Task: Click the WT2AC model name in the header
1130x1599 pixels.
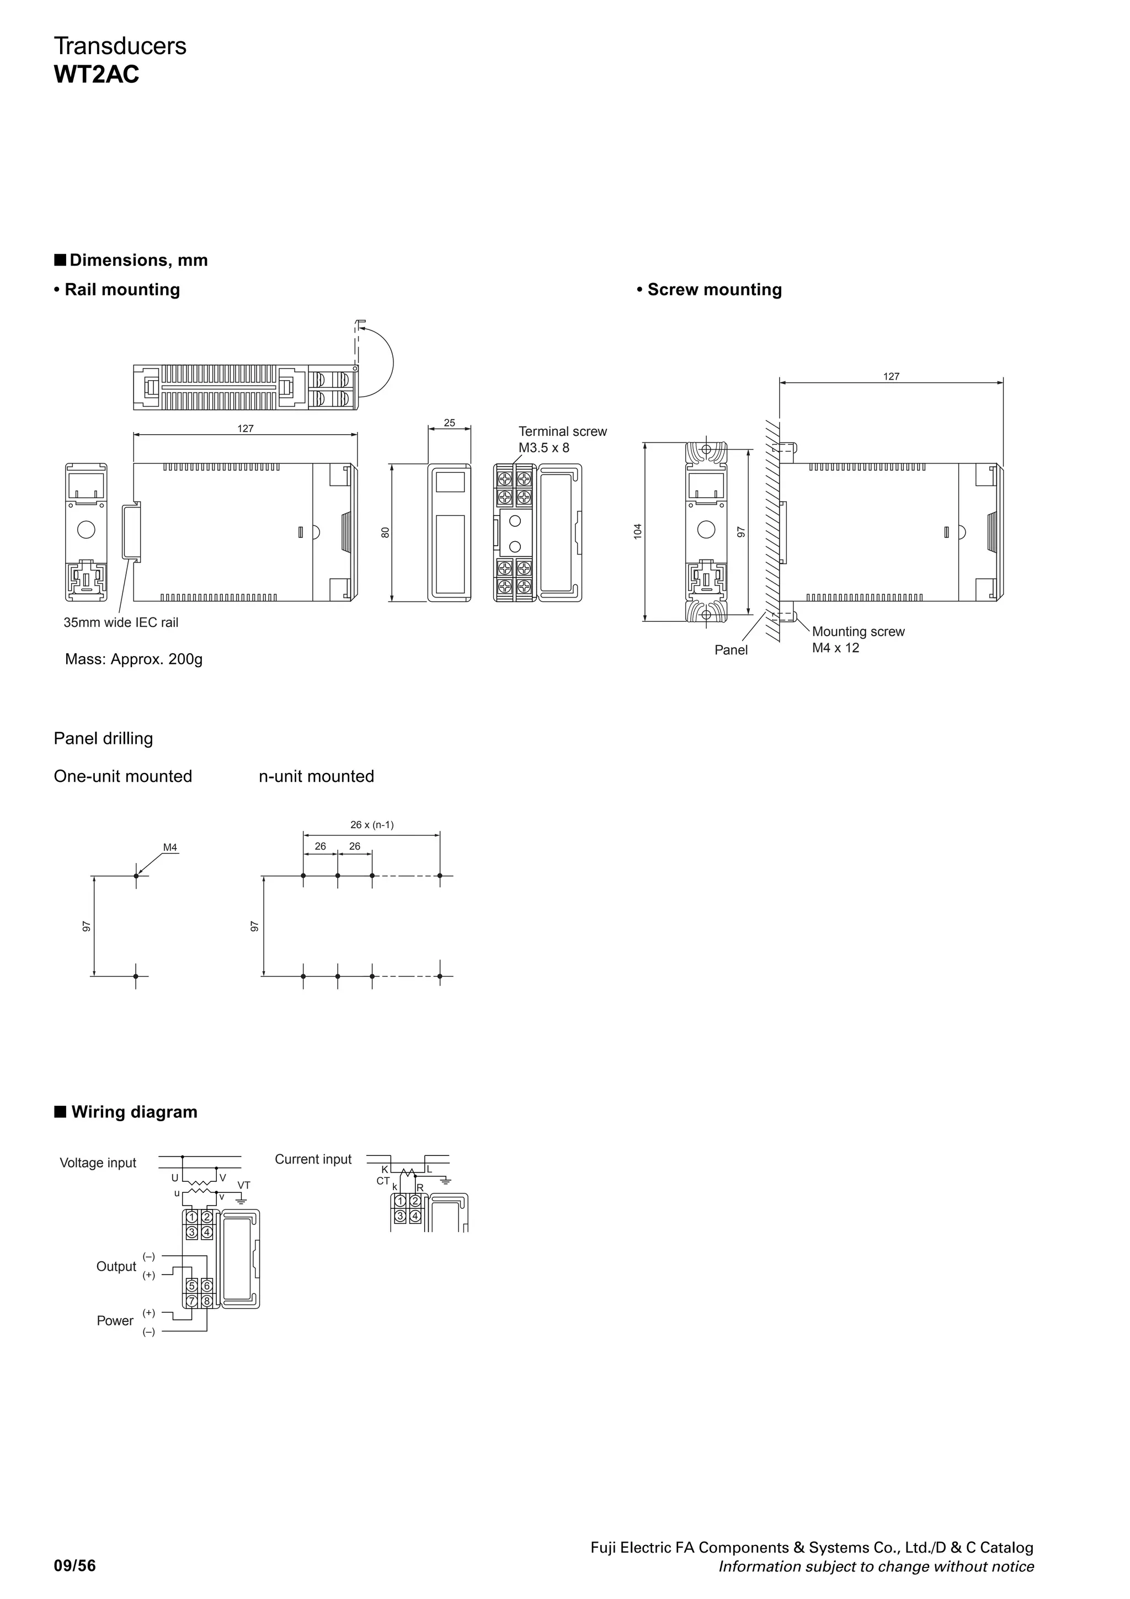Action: coord(96,74)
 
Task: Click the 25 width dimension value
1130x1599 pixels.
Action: coord(449,423)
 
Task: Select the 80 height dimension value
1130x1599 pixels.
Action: coord(385,532)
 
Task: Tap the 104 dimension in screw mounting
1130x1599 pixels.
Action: coord(637,531)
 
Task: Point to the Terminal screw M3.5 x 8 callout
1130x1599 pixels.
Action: coord(562,439)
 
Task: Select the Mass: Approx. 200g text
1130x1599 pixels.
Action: coord(134,659)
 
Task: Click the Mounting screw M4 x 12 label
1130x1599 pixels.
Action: coord(858,639)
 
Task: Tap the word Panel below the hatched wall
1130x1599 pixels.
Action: coord(731,650)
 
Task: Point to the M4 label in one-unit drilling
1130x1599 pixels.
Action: coord(170,848)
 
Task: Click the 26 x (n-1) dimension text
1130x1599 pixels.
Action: coord(372,824)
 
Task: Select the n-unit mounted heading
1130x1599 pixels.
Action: coord(316,776)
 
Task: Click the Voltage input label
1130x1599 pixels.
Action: coord(98,1163)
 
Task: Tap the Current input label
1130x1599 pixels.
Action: coord(313,1159)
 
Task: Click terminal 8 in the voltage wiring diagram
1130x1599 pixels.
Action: coord(207,1300)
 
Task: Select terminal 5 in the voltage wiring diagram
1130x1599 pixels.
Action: coord(191,1286)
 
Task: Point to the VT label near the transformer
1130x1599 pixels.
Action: coord(244,1185)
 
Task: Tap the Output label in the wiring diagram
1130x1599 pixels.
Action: coord(116,1266)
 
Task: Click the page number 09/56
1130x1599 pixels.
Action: coord(75,1566)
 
